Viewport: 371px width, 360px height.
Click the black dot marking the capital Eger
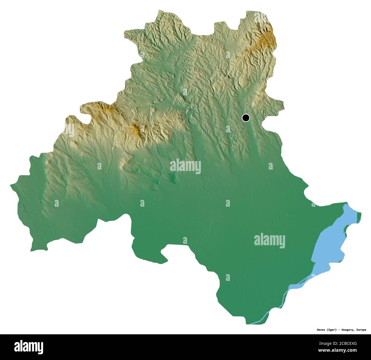(245, 118)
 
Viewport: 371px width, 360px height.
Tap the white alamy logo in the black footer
(29, 347)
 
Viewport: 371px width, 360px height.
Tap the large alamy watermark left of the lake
(269, 240)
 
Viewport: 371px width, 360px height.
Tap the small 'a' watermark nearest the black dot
(228, 129)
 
